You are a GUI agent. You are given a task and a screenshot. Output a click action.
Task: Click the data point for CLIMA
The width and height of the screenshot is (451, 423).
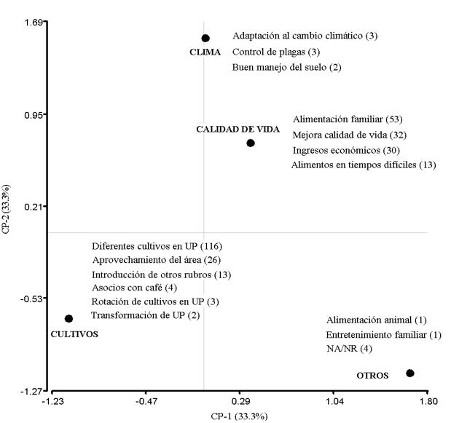205,38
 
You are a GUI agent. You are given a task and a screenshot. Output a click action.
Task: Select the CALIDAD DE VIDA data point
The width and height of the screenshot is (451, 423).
251,143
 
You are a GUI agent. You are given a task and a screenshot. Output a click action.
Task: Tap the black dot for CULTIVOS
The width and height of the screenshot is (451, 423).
68,318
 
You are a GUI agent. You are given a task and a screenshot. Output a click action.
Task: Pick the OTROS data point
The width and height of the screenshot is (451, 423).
410,373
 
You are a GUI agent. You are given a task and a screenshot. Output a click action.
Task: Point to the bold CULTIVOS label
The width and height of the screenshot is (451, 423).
74,333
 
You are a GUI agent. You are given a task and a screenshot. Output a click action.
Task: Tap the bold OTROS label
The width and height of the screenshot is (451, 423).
372,376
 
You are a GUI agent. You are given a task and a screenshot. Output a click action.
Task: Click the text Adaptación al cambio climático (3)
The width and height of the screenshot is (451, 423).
305,36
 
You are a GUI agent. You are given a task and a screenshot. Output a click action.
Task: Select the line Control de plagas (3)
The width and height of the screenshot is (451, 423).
276,52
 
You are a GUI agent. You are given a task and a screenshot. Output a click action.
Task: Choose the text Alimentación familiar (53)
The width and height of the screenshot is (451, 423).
348,119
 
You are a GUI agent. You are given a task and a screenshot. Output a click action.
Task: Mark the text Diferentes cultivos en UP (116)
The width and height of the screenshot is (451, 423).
157,246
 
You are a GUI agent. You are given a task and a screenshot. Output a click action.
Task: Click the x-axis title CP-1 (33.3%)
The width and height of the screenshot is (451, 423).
240,416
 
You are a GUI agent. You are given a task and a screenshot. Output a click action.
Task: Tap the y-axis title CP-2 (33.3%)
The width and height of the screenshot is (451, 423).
8,209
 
